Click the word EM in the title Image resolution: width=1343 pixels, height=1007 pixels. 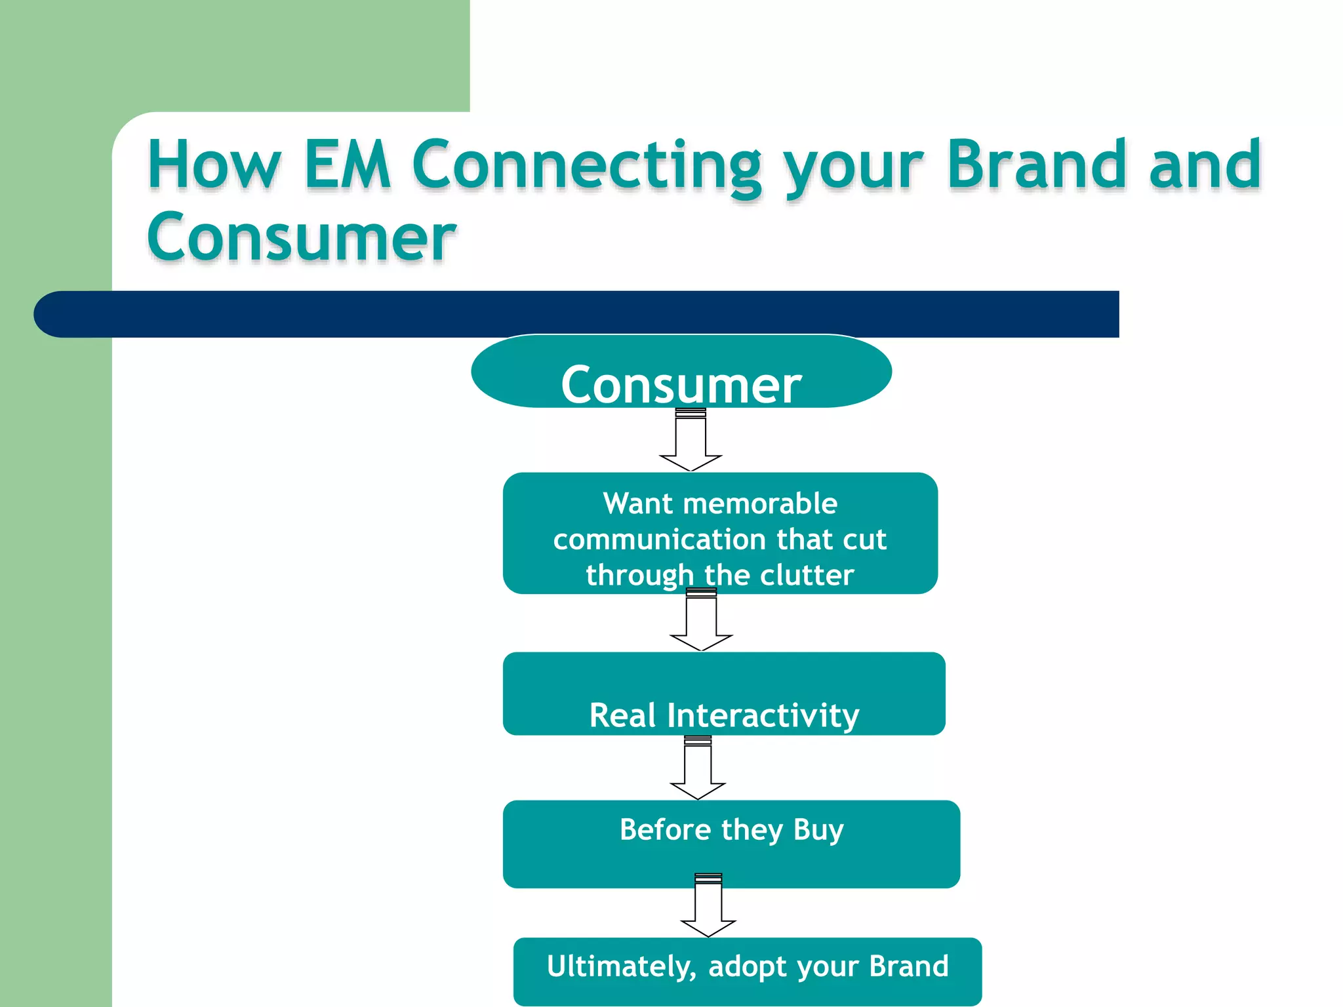click(x=348, y=165)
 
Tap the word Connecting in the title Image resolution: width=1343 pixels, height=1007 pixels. click(x=587, y=167)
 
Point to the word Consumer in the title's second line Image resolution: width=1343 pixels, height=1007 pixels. click(x=301, y=237)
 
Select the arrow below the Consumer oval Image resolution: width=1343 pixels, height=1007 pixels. click(x=691, y=441)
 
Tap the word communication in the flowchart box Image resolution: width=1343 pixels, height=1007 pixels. click(x=660, y=540)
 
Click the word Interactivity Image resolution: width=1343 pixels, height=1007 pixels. click(x=763, y=715)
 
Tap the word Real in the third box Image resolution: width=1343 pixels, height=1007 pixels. click(x=622, y=715)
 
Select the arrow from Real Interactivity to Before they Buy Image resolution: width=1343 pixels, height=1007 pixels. click(x=698, y=768)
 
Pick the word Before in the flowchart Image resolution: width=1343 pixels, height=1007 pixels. click(x=666, y=830)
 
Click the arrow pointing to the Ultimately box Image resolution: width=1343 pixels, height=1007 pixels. click(x=708, y=906)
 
